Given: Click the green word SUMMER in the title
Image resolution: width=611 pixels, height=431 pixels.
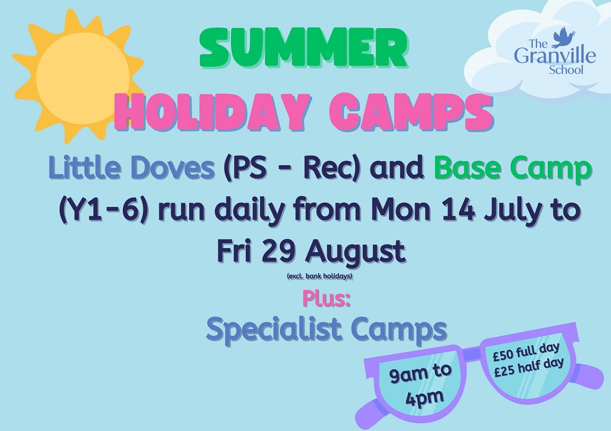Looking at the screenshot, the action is point(303,49).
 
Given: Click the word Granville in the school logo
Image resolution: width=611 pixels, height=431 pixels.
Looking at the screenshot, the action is point(554,55).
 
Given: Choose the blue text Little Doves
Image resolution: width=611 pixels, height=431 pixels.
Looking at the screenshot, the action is point(132,168).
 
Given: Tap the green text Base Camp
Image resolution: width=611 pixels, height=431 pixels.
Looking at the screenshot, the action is point(513,168).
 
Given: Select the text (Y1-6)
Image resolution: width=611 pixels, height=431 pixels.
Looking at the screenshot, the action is point(103,210).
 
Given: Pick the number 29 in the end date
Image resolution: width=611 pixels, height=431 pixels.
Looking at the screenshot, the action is point(277,251).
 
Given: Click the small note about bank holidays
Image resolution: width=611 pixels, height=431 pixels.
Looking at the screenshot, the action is point(320,277).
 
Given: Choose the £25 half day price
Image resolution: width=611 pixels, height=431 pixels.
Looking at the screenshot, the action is point(529,368).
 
